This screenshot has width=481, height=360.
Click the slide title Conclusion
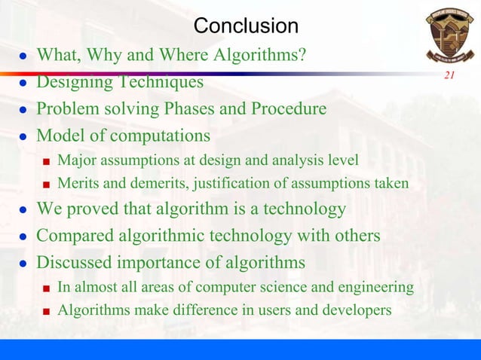pos(246,26)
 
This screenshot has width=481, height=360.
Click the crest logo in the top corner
pos(449,35)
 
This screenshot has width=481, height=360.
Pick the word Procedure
pos(288,109)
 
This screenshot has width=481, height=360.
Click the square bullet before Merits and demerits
pos(46,185)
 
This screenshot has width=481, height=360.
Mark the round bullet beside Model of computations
pos(23,137)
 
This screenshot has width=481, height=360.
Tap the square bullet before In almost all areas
pos(46,288)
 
